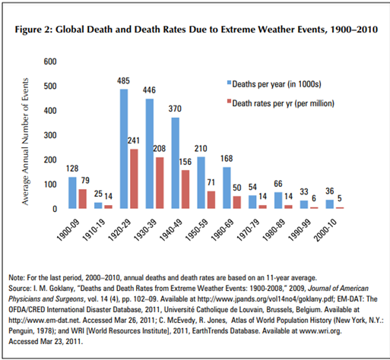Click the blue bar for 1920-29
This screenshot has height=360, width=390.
click(124, 149)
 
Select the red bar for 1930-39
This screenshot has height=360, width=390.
click(160, 183)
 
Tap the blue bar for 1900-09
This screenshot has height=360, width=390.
click(72, 193)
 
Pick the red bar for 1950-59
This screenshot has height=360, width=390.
click(211, 200)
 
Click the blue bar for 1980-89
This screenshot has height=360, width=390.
click(278, 201)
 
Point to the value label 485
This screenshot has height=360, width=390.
click(123, 81)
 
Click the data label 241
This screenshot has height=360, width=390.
click(134, 141)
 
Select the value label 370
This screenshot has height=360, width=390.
click(175, 109)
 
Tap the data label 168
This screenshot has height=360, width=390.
click(227, 159)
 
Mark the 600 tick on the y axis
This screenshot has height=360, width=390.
click(50, 62)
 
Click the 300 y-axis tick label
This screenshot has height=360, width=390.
click(50, 135)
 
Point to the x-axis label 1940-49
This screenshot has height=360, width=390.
click(171, 230)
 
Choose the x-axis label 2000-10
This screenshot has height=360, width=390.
click(325, 230)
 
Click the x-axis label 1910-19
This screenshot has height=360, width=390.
click(94, 230)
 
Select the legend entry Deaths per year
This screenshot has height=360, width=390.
click(274, 84)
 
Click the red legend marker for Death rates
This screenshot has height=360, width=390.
click(229, 102)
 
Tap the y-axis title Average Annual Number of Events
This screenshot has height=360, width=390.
click(25, 141)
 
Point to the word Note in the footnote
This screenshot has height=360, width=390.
click(16, 278)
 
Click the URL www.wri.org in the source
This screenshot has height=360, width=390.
click(320, 331)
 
